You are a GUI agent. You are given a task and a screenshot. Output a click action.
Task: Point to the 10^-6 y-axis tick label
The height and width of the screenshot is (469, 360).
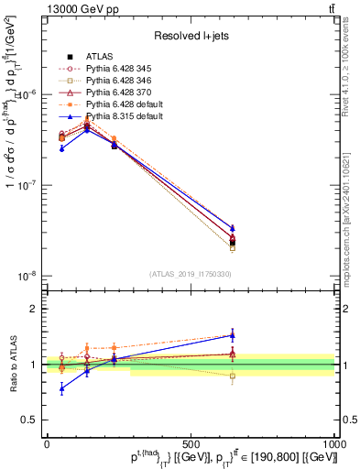coord(28,94)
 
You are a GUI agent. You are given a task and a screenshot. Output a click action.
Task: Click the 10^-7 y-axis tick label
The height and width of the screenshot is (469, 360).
coord(28,184)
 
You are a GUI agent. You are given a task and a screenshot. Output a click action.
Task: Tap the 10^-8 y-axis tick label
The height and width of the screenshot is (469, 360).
coord(28,275)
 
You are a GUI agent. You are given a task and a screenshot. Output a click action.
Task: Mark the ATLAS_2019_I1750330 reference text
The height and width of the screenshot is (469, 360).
coord(191,274)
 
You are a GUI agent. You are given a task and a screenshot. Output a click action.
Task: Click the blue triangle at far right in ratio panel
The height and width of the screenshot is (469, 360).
coord(233,335)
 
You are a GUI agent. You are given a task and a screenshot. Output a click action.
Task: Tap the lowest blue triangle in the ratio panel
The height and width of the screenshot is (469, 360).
coord(61,388)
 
